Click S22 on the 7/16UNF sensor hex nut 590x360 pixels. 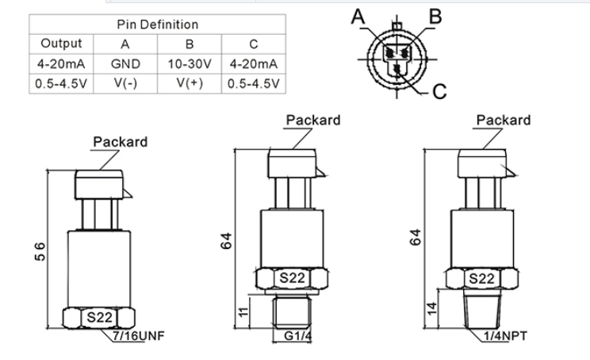(99, 316)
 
